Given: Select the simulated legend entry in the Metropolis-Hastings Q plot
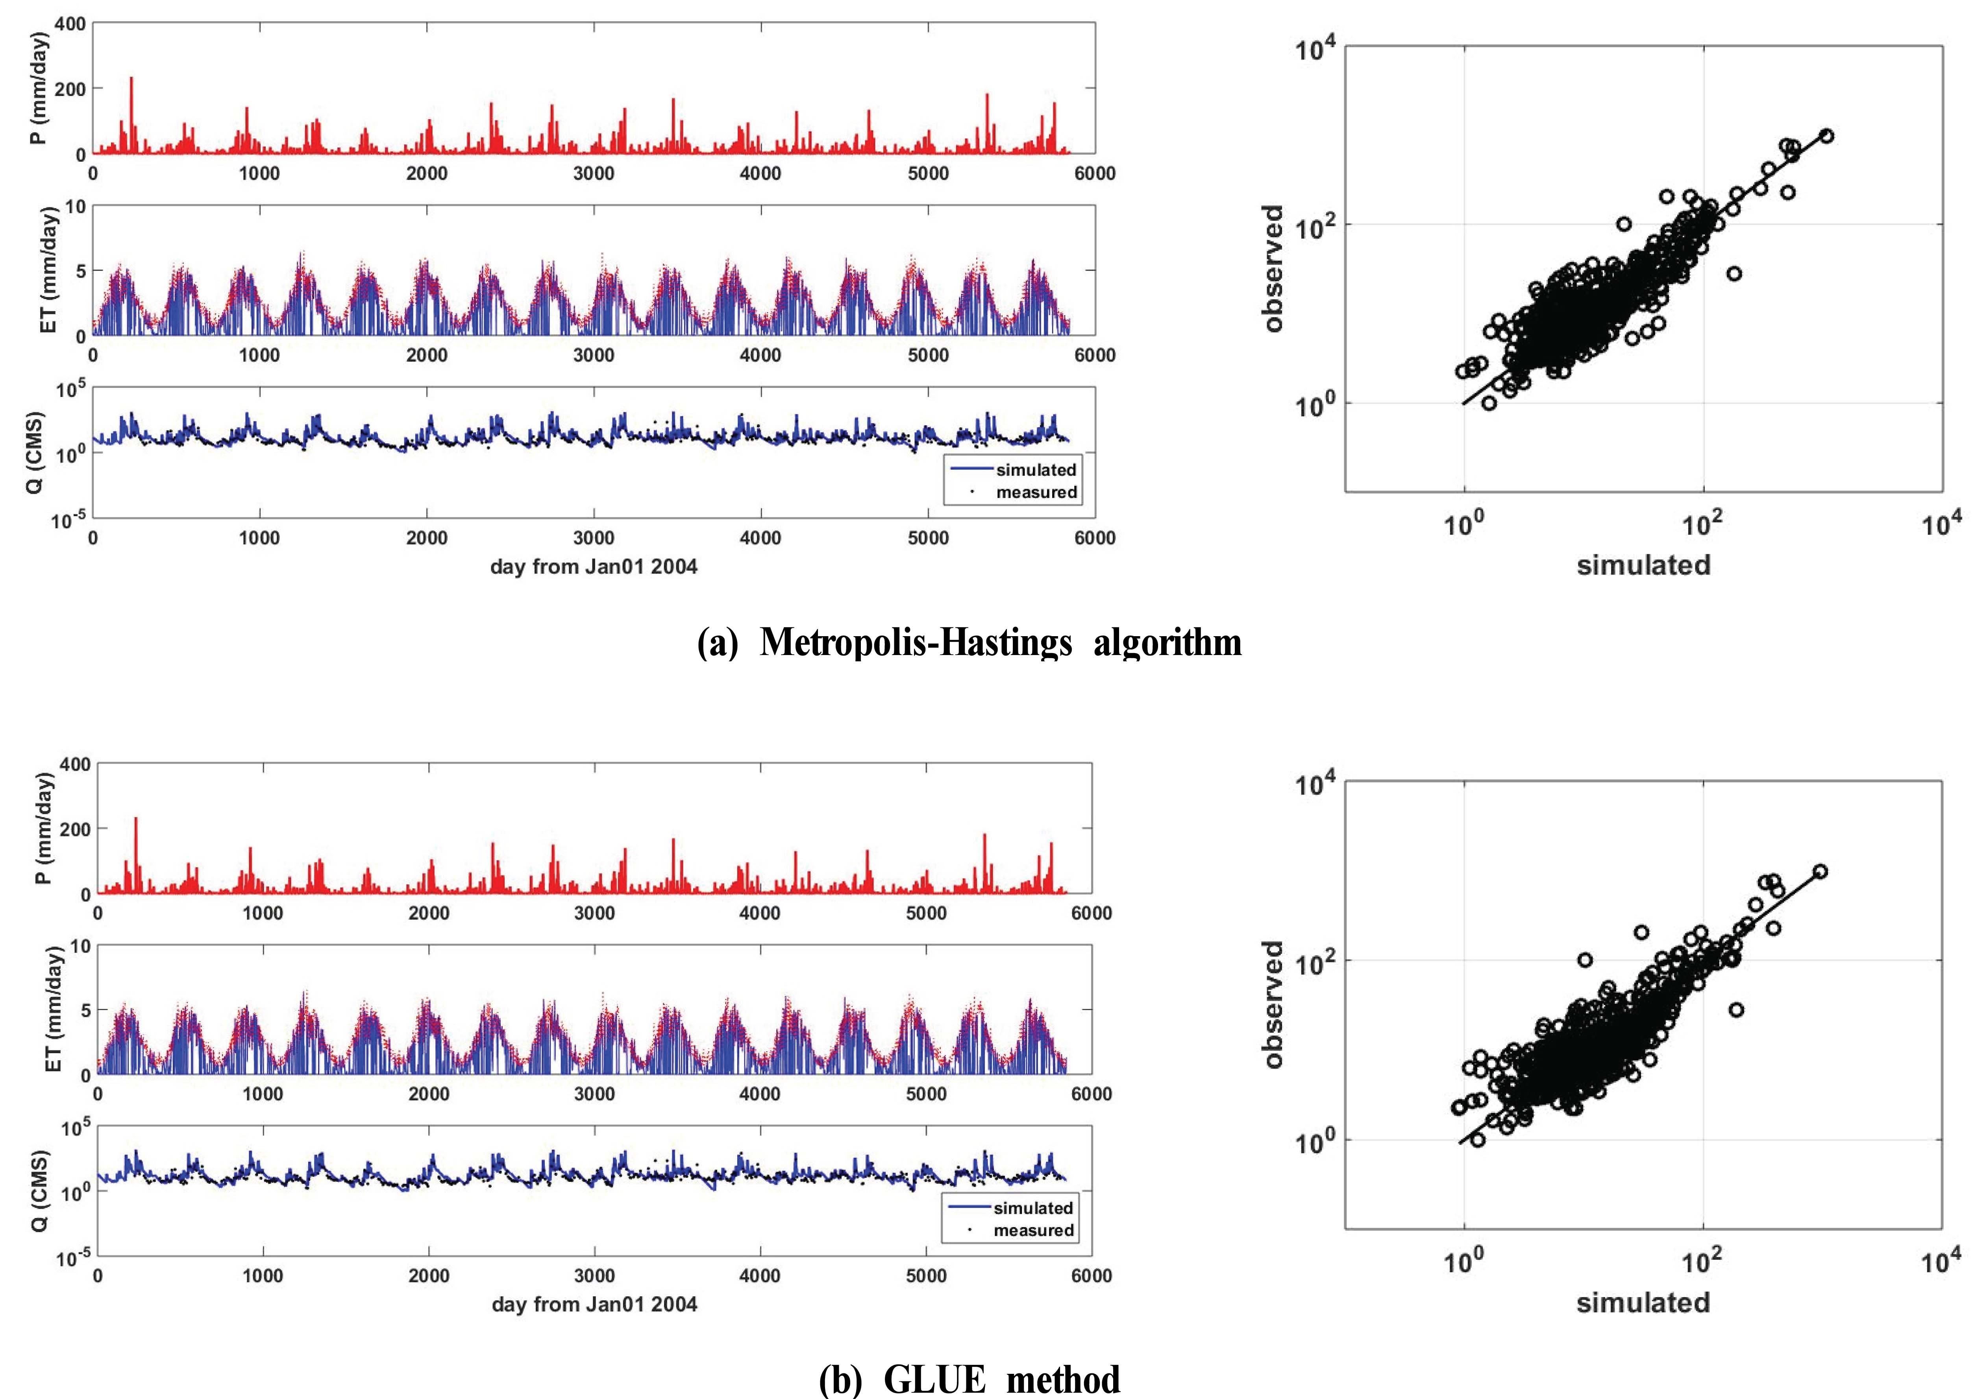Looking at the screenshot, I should click(x=1036, y=469).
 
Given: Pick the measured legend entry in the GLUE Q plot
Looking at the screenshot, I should click(x=1032, y=1230).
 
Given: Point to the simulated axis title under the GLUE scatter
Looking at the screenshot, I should click(x=1643, y=1302).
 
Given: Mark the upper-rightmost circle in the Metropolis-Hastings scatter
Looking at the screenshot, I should click(x=1825, y=135).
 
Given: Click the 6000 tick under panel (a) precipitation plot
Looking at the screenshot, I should click(x=1094, y=173).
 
